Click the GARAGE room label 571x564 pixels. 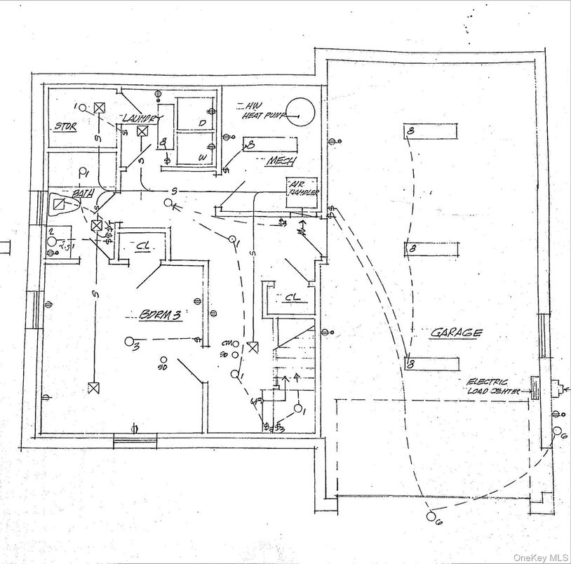point(456,333)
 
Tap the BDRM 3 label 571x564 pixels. point(160,316)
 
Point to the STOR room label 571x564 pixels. point(65,127)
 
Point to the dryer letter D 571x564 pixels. point(203,123)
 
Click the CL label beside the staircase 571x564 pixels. point(292,298)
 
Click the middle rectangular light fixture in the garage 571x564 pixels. point(431,248)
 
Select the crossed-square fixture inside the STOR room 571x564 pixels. point(100,108)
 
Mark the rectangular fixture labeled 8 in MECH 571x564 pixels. point(269,146)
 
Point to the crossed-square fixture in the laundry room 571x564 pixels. point(142,131)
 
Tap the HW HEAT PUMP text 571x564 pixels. point(262,110)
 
